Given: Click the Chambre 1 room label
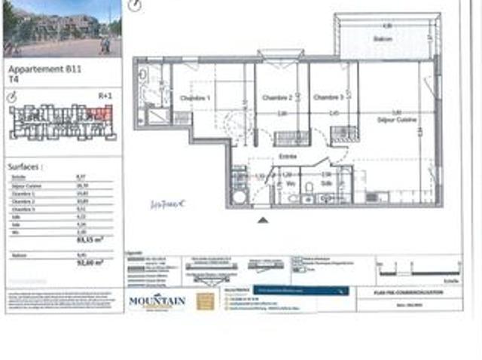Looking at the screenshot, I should pos(194,99).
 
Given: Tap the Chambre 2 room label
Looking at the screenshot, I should pos(276,98).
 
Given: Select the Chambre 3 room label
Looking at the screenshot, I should pos(328,98).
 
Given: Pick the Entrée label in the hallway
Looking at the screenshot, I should pos(288,157).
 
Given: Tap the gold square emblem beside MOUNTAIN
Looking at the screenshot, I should pos(204,301).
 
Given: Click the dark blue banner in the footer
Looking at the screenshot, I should pos(300,289).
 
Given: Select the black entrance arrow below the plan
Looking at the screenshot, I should pos(262,220).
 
